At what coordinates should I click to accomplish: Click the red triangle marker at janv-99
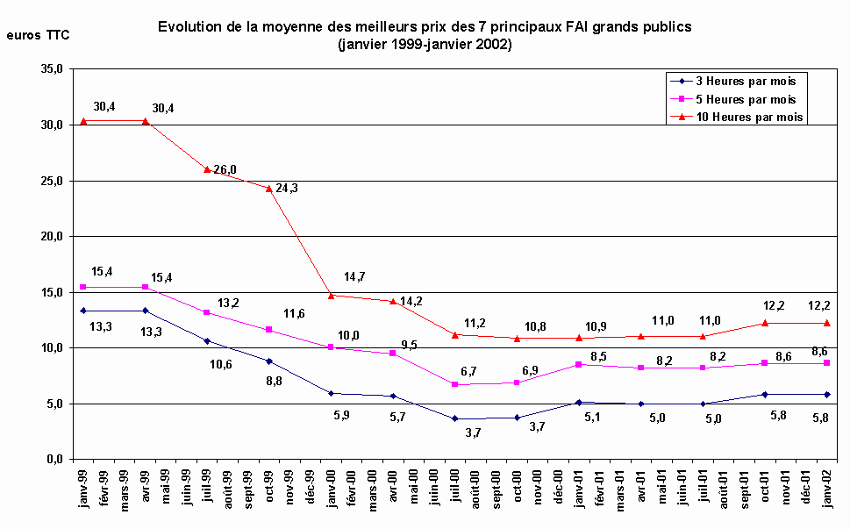[x=83, y=121]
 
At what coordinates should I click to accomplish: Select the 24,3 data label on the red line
[x=287, y=188]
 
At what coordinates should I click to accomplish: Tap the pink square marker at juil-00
[x=455, y=384]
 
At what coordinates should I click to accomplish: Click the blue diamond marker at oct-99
[x=269, y=361]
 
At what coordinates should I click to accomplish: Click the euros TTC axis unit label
[x=38, y=35]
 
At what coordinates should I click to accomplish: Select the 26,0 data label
[x=225, y=170]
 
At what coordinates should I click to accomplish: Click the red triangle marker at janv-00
[x=331, y=295]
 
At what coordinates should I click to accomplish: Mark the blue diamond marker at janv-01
[x=579, y=402]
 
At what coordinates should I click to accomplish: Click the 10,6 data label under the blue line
[x=221, y=364]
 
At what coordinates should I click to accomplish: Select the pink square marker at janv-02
[x=826, y=362]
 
